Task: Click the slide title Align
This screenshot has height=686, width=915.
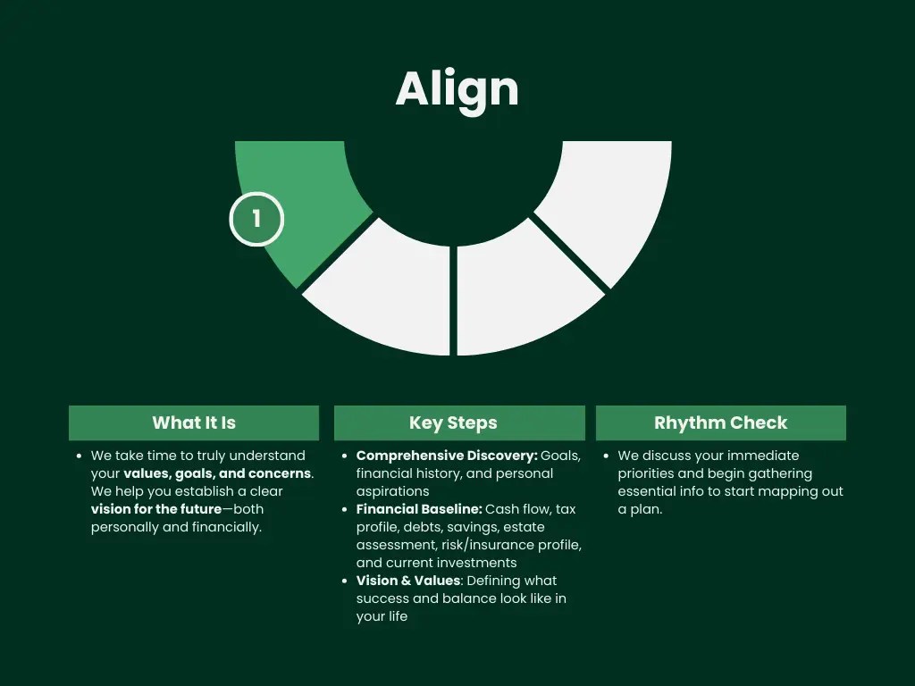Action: pos(457,89)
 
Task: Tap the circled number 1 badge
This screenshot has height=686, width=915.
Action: pos(256,219)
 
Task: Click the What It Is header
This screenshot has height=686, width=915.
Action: pos(194,422)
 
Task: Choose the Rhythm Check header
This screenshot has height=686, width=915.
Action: pos(720,422)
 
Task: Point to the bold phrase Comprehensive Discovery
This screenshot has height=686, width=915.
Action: pos(447,456)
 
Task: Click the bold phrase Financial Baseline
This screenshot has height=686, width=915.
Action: pos(418,509)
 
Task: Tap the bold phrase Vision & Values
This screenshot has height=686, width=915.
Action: pos(407,581)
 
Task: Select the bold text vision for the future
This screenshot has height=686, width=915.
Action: pos(155,509)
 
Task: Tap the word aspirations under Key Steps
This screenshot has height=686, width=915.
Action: pos(392,491)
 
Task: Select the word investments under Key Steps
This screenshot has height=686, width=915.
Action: pos(476,563)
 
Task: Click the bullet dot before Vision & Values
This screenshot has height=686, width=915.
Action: pos(346,581)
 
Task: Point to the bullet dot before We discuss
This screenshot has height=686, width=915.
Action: pos(608,456)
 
